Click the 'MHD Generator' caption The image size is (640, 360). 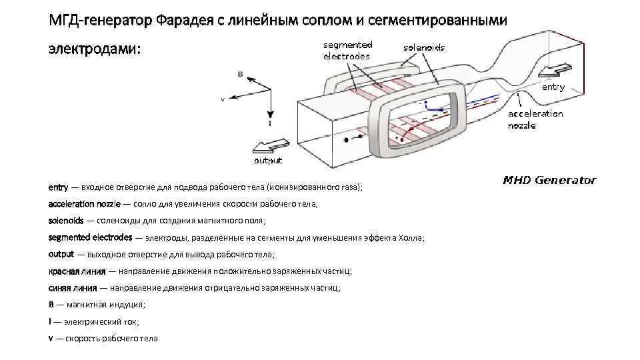pyautogui.click(x=549, y=180)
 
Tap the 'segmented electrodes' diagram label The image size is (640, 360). pyautogui.click(x=347, y=51)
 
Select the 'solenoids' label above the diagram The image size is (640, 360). pyautogui.click(x=424, y=48)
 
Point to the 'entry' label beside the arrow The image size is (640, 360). pyautogui.click(x=553, y=87)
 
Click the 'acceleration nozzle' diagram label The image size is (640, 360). pyautogui.click(x=535, y=119)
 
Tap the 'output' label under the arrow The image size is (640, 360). pyautogui.click(x=268, y=161)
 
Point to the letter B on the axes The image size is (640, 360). pyautogui.click(x=240, y=75)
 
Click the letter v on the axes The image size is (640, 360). pyautogui.click(x=223, y=99)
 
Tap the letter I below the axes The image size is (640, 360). pyautogui.click(x=269, y=123)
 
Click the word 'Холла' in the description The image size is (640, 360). pyautogui.click(x=413, y=238)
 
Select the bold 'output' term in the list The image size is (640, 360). pyautogui.click(x=61, y=254)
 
